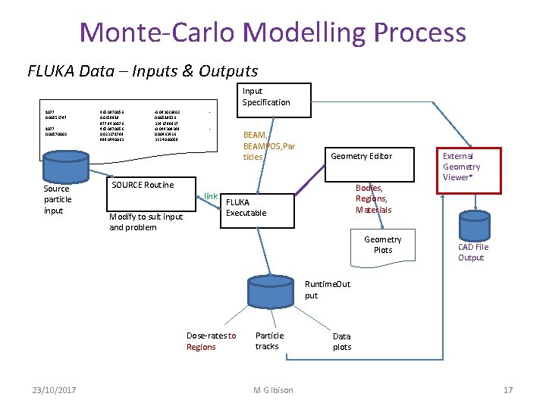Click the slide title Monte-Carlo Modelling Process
272,33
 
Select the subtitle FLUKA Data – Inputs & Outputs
143,71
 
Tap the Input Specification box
265,96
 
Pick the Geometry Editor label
361,156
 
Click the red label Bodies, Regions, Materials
374,198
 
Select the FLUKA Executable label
246,208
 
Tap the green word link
211,196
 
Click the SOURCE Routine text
142,185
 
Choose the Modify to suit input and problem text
146,222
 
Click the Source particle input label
58,199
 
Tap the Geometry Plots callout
383,244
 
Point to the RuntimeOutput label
328,289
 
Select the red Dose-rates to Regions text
211,341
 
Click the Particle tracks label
269,340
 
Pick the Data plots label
342,342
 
